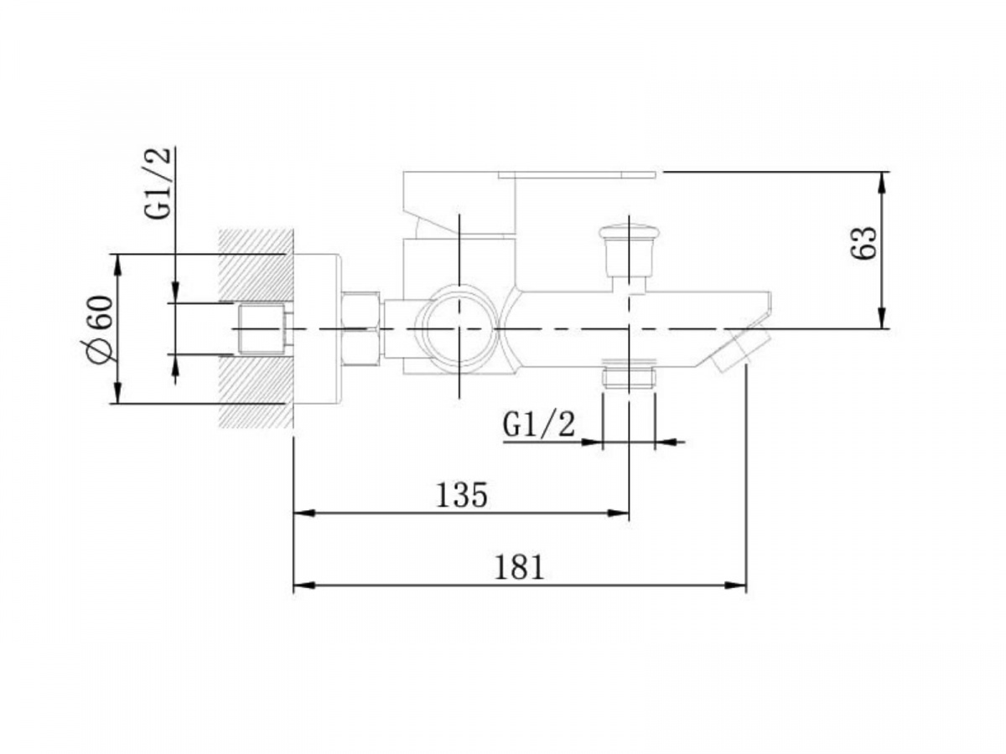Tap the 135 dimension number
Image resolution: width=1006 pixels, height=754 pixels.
coord(461,495)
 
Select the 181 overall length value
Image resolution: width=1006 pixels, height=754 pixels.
coord(519,567)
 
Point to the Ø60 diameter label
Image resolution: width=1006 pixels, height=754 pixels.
coord(100,330)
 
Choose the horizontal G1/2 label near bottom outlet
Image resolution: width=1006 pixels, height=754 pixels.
coord(538,425)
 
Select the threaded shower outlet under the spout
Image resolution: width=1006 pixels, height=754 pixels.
coord(629,373)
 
